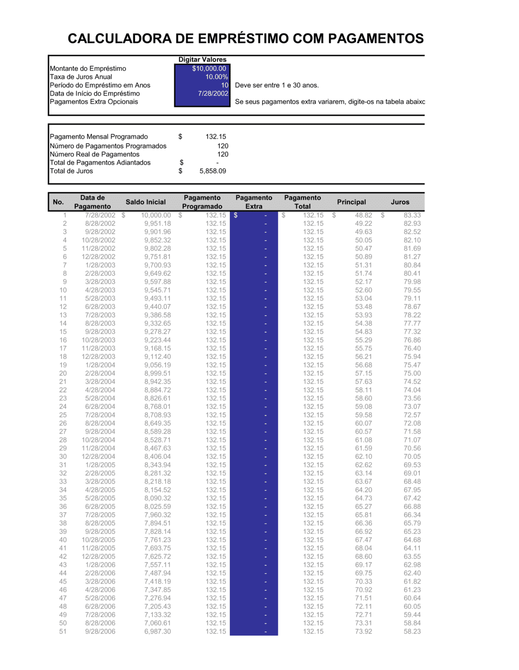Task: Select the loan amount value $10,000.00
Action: click(x=209, y=69)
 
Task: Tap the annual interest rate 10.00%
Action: click(x=216, y=77)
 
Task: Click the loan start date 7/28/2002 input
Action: click(x=213, y=93)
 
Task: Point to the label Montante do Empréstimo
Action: click(x=88, y=69)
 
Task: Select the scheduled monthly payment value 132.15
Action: click(x=215, y=137)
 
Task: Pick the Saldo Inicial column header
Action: click(x=145, y=202)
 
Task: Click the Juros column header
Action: click(x=400, y=202)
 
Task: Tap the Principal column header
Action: click(x=351, y=202)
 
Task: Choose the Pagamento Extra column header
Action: click(x=254, y=202)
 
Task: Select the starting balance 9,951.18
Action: click(x=157, y=223)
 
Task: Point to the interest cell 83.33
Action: click(x=412, y=215)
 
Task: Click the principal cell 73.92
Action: click(x=363, y=632)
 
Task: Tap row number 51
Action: click(x=63, y=632)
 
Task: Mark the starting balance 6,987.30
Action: click(x=157, y=632)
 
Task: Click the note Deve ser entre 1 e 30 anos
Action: click(x=277, y=85)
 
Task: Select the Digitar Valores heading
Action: click(x=202, y=60)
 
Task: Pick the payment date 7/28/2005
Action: click(x=100, y=515)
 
